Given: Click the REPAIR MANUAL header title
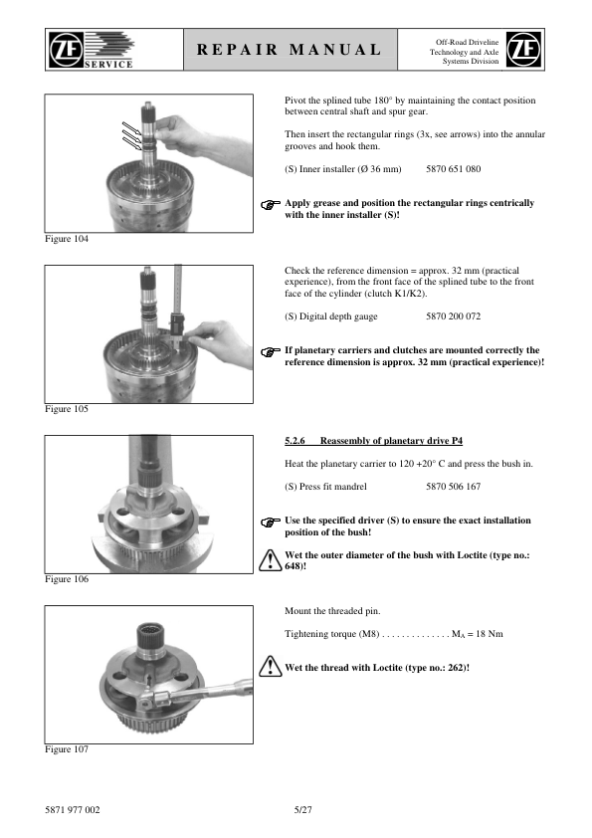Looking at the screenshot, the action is [x=290, y=50].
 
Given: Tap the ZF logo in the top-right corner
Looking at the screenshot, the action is [x=523, y=49].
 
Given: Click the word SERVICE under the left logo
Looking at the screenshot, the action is [x=108, y=64].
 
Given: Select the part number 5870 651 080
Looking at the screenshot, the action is [x=453, y=169].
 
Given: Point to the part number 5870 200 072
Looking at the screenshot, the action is [x=453, y=316].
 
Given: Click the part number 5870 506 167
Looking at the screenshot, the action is [x=453, y=487].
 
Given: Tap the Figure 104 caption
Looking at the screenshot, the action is [x=67, y=239].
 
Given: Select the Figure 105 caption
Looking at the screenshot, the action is [x=67, y=409].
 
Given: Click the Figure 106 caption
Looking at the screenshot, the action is [x=67, y=579].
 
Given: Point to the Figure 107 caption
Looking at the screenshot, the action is [x=67, y=749].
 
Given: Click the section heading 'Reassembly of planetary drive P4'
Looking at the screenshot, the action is [x=391, y=441].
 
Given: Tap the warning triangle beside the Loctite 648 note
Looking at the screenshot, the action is [x=271, y=560].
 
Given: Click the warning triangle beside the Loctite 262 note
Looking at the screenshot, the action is [x=271, y=667].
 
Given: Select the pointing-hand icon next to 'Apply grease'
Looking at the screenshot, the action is [x=271, y=204].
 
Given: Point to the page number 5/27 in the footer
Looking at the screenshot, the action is [x=302, y=810].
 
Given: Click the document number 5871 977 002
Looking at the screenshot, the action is [x=72, y=810].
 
